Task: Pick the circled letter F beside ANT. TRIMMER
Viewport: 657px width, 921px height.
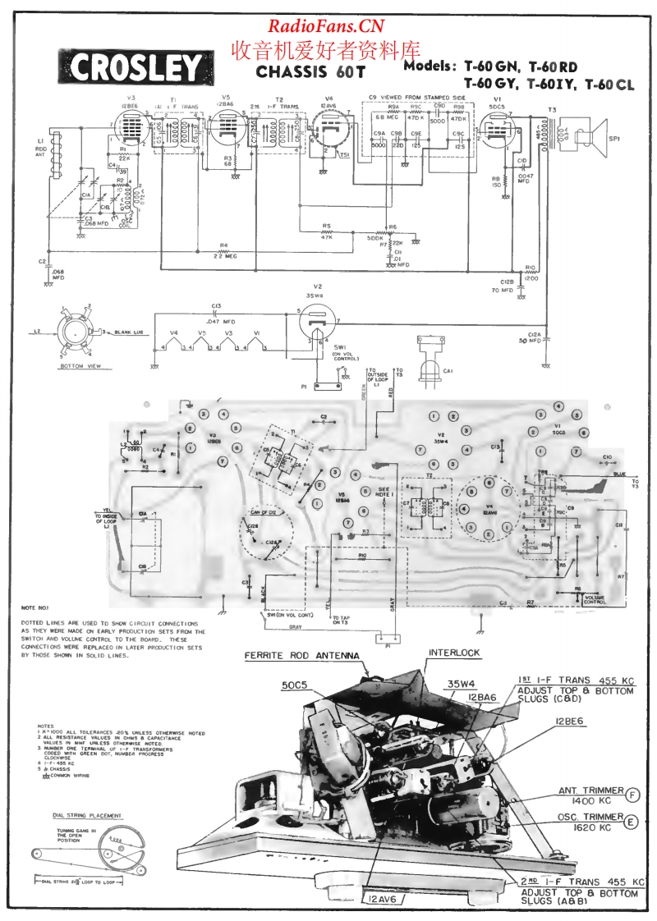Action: (632, 794)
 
